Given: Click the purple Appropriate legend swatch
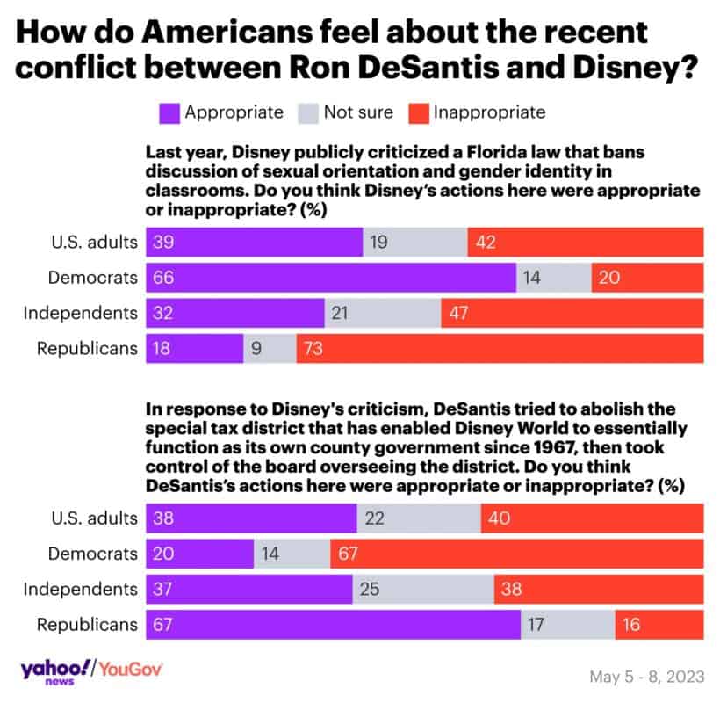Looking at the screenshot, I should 169,112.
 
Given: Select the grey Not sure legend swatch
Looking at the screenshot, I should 309,112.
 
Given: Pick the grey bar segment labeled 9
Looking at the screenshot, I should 270,348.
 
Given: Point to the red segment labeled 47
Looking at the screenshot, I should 572,313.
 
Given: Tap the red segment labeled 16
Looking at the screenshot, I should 659,624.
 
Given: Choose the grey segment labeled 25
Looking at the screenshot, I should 423,589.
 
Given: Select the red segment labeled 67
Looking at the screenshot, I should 516,554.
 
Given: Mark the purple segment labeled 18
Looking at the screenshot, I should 195,348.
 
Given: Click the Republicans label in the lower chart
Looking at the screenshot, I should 87,624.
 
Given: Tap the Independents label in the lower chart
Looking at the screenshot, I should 80,589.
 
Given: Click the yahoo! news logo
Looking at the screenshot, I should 54,670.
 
